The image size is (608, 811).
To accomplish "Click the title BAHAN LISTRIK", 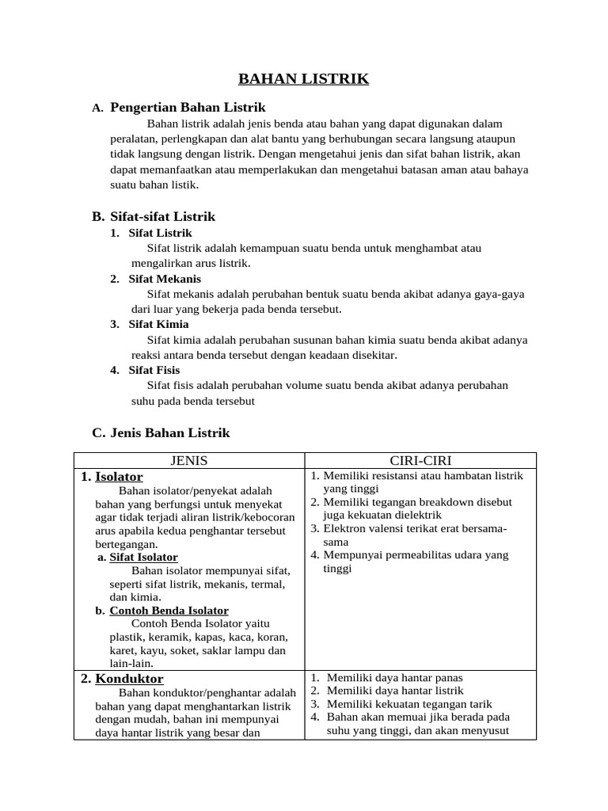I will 304,78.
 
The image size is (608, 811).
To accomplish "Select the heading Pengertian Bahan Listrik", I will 188,107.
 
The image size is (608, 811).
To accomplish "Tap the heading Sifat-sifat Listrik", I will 162,216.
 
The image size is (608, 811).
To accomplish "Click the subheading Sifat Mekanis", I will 165,279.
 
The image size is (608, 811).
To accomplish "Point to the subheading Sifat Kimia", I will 158,324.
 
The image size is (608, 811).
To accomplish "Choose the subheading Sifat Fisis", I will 154,370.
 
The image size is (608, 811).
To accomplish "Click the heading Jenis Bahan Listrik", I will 170,432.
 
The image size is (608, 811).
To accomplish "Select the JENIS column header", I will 189,460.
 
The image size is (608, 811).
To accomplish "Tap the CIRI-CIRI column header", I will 420,460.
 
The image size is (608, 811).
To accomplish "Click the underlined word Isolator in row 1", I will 119,477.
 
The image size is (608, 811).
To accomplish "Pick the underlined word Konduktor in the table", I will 129,679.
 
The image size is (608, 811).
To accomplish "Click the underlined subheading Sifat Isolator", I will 143,557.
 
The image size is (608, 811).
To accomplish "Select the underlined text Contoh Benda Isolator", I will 169,611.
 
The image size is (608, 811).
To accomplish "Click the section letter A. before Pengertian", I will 97,108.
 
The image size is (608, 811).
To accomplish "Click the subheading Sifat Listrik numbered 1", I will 160,233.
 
